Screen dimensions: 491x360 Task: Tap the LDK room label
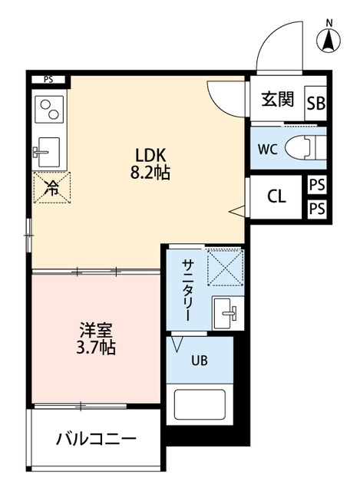click(150, 153)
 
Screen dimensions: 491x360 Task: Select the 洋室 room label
click(97, 331)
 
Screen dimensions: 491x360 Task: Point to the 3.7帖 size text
click(97, 348)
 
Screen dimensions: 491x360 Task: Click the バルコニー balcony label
click(96, 440)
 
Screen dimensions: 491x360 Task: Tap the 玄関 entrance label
click(277, 99)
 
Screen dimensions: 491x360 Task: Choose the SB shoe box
click(315, 104)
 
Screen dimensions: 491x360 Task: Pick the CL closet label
click(276, 196)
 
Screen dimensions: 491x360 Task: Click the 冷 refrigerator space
click(51, 186)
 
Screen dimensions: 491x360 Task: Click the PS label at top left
click(48, 78)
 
